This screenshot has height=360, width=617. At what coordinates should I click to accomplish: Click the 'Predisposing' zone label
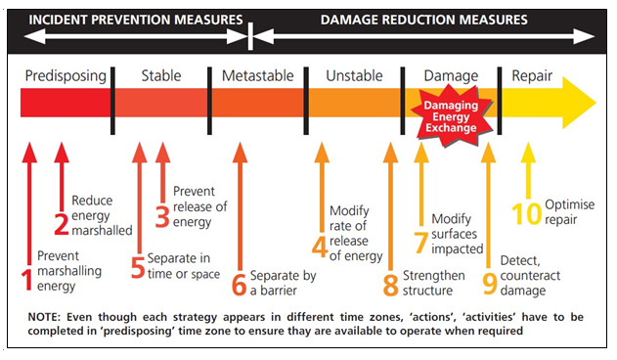66,76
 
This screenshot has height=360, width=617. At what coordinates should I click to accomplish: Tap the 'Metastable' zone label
258,75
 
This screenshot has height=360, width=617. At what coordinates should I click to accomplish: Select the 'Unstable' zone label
354,75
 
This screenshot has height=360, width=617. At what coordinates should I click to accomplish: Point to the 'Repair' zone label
532,76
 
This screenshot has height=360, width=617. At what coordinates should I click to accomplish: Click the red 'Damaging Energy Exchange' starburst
452,116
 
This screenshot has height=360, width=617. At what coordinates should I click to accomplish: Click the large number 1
26,280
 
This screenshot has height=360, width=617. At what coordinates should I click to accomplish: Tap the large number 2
62,224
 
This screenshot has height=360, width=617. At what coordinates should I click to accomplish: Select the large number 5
138,267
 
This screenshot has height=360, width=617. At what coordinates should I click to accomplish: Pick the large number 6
240,285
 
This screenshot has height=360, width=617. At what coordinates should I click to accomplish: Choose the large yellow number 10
526,214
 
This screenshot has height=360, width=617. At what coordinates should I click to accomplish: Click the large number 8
390,285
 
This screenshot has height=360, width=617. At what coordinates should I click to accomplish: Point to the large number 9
490,284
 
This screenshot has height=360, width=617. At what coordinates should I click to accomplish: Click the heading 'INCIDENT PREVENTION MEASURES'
136,20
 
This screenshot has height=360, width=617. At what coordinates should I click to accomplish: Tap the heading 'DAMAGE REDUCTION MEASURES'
423,20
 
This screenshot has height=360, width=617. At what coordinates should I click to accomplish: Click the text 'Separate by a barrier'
283,283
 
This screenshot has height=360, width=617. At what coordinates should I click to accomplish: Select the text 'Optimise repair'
569,212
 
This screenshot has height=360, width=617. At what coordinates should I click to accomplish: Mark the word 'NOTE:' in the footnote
44,317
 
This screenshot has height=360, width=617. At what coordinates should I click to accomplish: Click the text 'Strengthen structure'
433,283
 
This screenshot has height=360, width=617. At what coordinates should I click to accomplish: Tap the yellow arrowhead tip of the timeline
595,103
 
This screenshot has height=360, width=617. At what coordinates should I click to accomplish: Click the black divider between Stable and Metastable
209,101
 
